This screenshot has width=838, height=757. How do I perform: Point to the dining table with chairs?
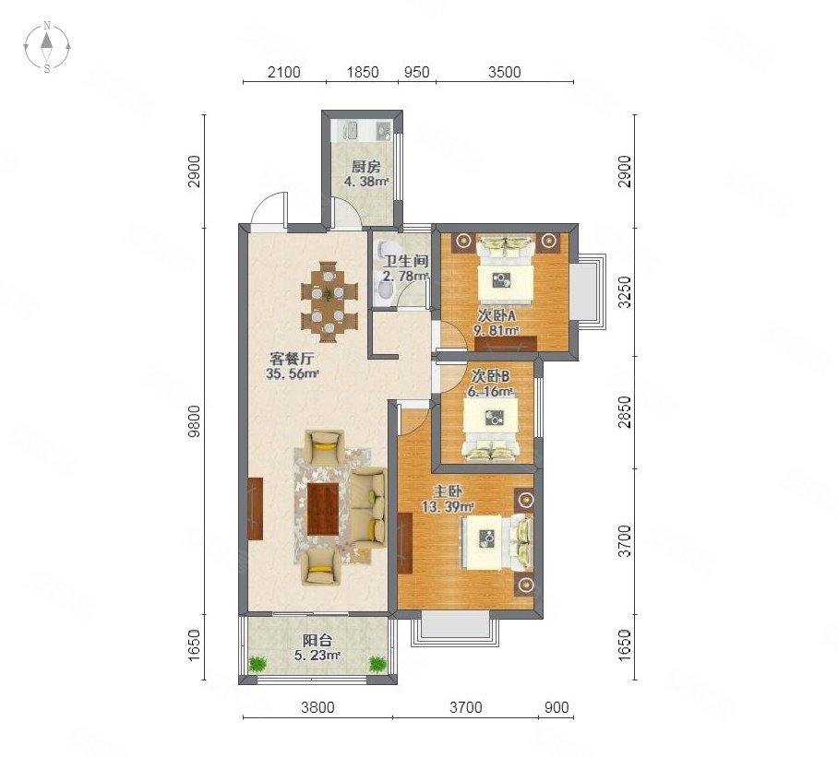[x=328, y=297]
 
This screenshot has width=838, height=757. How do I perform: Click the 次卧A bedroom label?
[x=497, y=314]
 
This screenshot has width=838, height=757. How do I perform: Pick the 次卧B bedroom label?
[x=490, y=376]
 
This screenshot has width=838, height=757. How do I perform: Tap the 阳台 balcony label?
[x=317, y=640]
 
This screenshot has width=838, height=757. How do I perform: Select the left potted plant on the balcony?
[x=257, y=662]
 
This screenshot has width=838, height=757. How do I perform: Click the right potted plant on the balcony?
[x=377, y=662]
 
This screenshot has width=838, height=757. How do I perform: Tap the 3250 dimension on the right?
[x=624, y=292]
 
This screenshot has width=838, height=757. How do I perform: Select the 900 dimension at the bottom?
[x=557, y=707]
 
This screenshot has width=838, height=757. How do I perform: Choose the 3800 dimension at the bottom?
[x=317, y=707]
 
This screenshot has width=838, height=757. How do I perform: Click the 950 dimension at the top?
[x=416, y=72]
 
